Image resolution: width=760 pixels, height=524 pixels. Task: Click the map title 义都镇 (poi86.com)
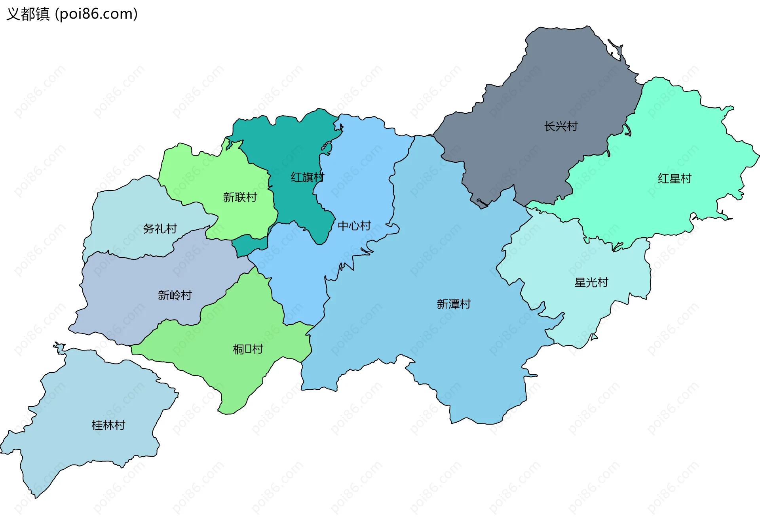(x=72, y=14)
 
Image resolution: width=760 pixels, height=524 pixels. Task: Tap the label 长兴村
(x=560, y=126)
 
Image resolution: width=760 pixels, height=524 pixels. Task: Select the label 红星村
(x=674, y=179)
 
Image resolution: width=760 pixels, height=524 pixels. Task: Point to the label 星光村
(x=591, y=282)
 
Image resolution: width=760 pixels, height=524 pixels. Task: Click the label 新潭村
(x=454, y=304)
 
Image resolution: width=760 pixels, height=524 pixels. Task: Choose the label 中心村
(x=354, y=226)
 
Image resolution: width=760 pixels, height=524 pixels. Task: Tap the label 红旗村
(x=307, y=177)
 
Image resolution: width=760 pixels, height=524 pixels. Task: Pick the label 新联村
(x=240, y=197)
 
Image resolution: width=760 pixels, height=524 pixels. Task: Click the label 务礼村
(x=160, y=229)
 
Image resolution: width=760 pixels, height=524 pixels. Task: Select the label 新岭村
(x=175, y=295)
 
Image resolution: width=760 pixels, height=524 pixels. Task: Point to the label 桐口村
(x=248, y=349)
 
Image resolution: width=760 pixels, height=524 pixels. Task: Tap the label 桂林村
(x=108, y=425)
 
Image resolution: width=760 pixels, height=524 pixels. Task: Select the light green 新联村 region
(x=206, y=174)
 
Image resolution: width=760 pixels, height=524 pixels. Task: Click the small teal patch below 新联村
(x=243, y=246)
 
